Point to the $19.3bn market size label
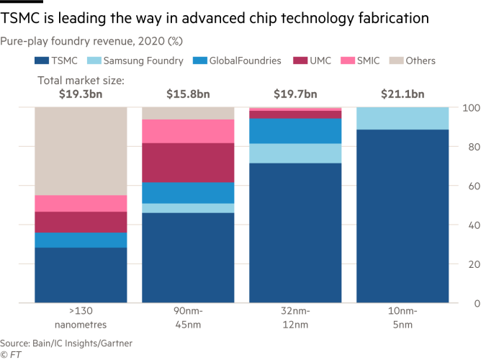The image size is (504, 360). (x=81, y=94)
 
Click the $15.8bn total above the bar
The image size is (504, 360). (x=188, y=94)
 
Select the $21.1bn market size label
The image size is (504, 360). (x=402, y=94)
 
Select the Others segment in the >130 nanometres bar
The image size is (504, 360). (x=81, y=151)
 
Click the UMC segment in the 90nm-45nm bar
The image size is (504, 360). (x=188, y=163)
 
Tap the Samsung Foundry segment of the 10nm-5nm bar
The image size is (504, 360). (x=402, y=119)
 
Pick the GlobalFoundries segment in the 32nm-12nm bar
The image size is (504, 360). (x=295, y=130)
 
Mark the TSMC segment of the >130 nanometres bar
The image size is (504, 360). (x=81, y=276)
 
